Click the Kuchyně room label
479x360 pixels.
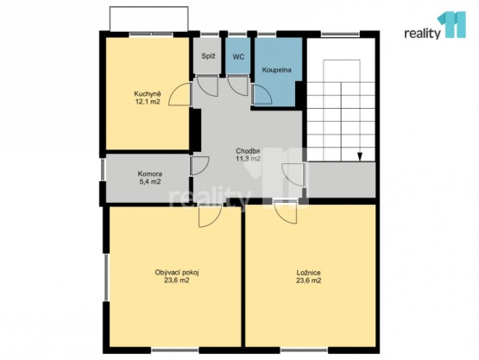tap(148, 94)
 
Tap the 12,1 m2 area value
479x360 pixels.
tap(148, 102)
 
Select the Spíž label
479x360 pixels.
tap(208, 56)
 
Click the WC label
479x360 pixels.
tap(238, 56)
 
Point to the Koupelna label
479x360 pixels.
tap(277, 70)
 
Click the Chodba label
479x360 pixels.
tap(248, 151)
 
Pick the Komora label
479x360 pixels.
tap(149, 174)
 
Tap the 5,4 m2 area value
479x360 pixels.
tap(149, 182)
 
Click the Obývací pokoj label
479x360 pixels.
tap(177, 272)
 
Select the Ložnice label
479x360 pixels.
tap(308, 273)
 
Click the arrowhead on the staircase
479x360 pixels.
tap(360, 156)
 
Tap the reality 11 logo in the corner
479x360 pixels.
tap(435, 25)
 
